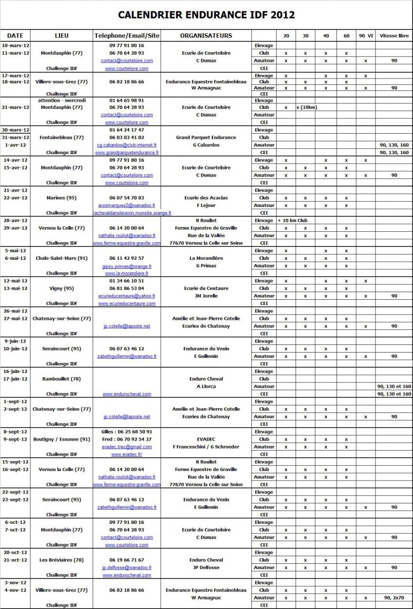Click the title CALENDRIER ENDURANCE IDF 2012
pyautogui.click(x=206, y=15)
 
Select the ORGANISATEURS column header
pyautogui.click(x=206, y=36)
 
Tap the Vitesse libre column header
pyautogui.click(x=394, y=36)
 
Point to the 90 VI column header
pyautogui.click(x=365, y=36)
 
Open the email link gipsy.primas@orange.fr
pyautogui.click(x=126, y=266)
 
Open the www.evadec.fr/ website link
pyautogui.click(x=126, y=454)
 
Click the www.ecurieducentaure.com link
pyautogui.click(x=126, y=304)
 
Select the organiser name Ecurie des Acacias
pyautogui.click(x=206, y=198)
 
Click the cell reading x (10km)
pyautogui.click(x=307, y=108)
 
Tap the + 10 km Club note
pyautogui.click(x=293, y=221)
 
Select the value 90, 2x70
pyautogui.click(x=394, y=598)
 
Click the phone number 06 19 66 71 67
pyautogui.click(x=126, y=560)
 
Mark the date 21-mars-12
pyautogui.click(x=16, y=108)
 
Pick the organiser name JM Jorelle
pyautogui.click(x=206, y=296)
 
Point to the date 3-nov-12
pyautogui.click(x=16, y=583)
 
